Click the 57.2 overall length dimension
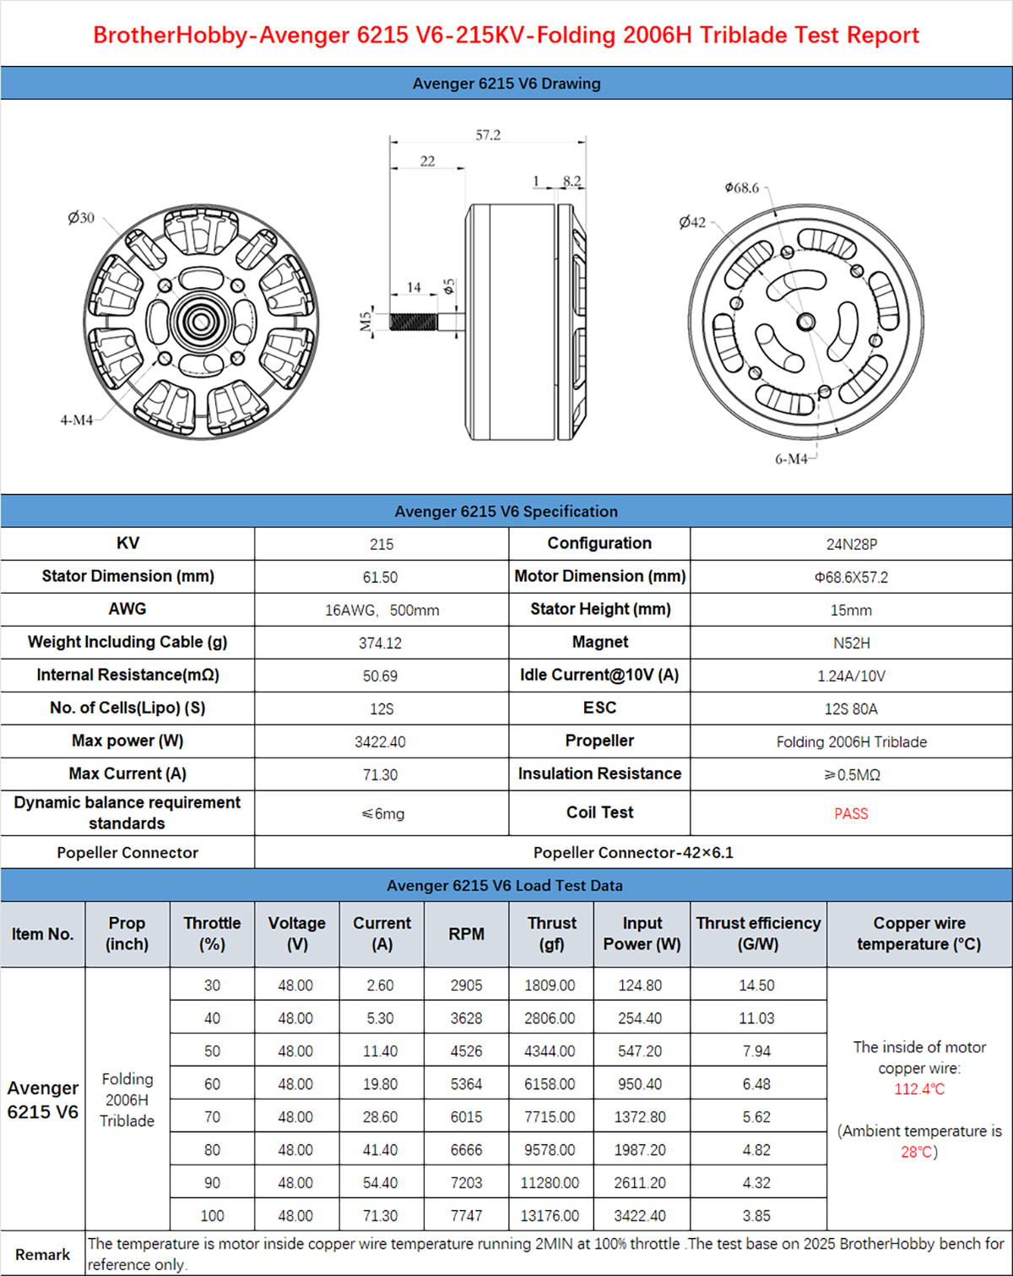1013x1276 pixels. tap(488, 135)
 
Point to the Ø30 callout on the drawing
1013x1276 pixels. tap(81, 218)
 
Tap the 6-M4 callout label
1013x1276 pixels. tap(791, 459)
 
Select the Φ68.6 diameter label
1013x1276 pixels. tap(742, 187)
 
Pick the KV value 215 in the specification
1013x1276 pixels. tap(382, 545)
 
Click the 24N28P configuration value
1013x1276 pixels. tap(851, 545)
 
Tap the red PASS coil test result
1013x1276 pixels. tap(851, 814)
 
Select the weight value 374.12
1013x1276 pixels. tap(381, 643)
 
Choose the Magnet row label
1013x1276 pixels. tap(599, 643)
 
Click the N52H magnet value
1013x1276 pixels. tap(851, 643)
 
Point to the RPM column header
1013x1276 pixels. tap(467, 934)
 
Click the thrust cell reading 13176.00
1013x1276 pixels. tap(550, 1216)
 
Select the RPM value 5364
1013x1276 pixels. tap(467, 1084)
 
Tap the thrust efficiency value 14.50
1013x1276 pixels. tap(757, 986)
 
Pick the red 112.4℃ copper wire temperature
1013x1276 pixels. tap(919, 1089)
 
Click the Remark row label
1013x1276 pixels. tap(42, 1255)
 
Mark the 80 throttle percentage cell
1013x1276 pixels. tap(212, 1150)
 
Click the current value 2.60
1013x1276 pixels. tap(381, 986)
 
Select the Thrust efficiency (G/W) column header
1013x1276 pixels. tap(758, 934)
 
